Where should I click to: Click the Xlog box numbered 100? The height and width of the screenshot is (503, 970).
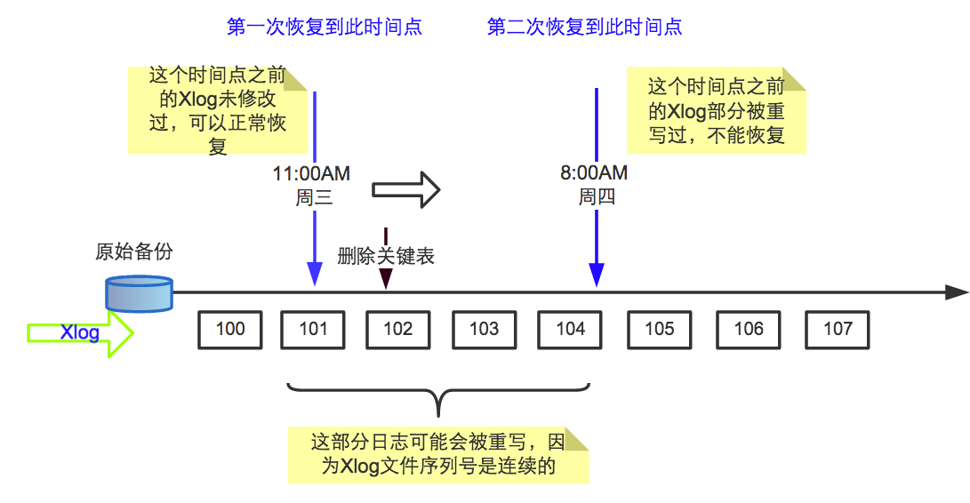click(x=230, y=330)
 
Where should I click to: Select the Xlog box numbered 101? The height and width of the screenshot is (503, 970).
click(x=313, y=330)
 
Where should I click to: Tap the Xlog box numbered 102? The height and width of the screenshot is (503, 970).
click(x=397, y=330)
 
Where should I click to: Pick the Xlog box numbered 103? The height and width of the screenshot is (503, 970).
click(x=484, y=330)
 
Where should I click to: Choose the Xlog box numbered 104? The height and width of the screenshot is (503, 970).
click(x=570, y=330)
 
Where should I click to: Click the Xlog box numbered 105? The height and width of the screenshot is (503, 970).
click(x=659, y=330)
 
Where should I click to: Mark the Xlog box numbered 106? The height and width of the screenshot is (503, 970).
click(x=749, y=330)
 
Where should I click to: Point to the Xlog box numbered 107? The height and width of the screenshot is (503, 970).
click(x=837, y=330)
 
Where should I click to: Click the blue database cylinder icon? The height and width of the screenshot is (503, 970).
click(x=139, y=293)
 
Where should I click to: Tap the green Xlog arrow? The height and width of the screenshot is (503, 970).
click(x=80, y=333)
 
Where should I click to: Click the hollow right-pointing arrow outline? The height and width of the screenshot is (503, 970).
click(x=405, y=188)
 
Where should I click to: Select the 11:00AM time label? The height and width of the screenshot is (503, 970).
click(x=313, y=173)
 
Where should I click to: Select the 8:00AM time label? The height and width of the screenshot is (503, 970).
click(x=594, y=173)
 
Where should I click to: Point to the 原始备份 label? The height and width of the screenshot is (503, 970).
click(x=133, y=251)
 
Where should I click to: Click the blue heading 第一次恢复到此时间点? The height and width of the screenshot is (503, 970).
click(x=325, y=28)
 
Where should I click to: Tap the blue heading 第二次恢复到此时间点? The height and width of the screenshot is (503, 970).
click(x=584, y=28)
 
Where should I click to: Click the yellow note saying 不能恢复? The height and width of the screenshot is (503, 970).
click(x=717, y=111)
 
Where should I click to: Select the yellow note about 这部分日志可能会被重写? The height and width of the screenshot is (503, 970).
click(x=437, y=454)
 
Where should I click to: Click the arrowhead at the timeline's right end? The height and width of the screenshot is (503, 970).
click(x=957, y=291)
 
